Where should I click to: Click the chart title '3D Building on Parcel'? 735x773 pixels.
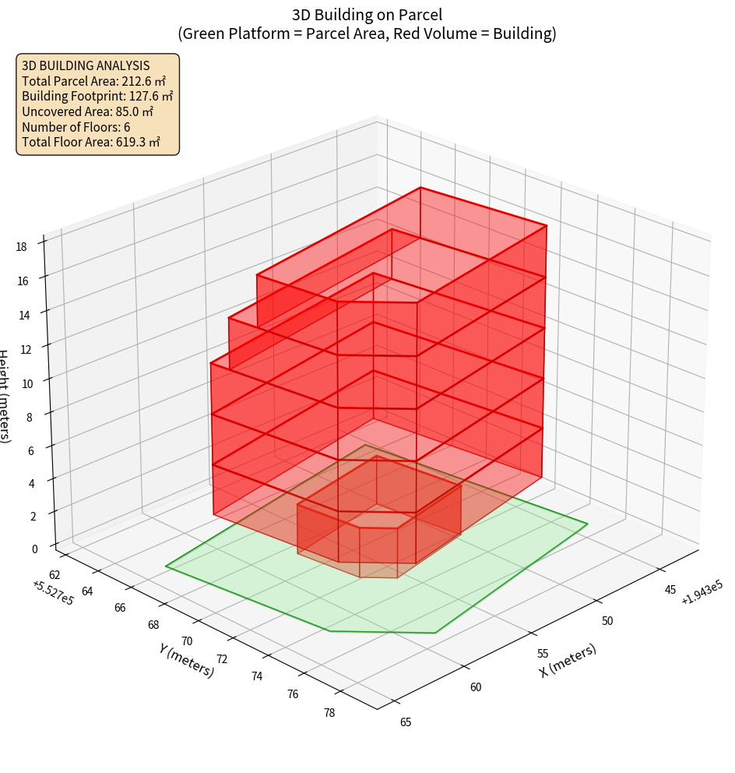367,14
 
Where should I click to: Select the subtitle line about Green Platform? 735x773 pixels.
367,34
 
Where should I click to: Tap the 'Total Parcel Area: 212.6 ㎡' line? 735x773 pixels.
93,80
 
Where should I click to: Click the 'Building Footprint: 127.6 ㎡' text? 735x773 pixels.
97,96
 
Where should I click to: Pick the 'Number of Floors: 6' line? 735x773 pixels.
76,127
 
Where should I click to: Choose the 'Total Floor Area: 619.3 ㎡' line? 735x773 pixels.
91,142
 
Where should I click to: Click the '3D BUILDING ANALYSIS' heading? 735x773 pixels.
86,65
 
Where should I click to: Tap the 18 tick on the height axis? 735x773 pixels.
22,247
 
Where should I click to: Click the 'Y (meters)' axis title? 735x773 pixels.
186,659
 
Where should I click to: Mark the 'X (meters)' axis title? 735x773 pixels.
568,659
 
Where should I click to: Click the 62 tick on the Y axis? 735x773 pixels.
55,575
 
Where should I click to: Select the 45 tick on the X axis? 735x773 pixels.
670,589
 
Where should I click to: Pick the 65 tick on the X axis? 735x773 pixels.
406,722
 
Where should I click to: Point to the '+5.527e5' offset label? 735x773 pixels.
53,593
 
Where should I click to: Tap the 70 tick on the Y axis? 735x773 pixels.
187,641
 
